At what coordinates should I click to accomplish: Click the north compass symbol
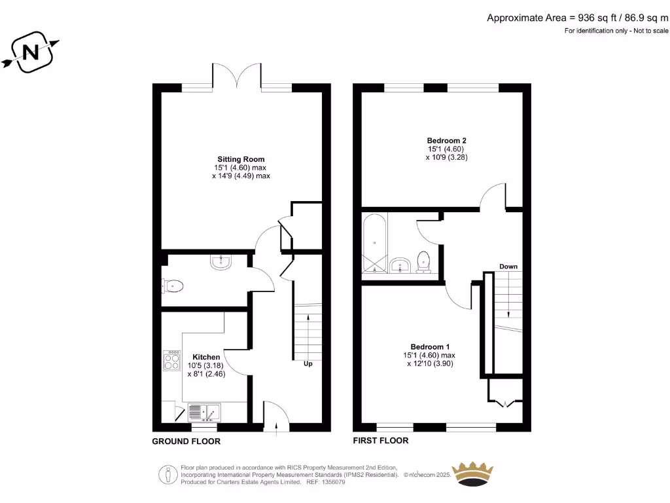pyautogui.click(x=30, y=52)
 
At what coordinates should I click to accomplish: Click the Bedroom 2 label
pyautogui.click(x=446, y=140)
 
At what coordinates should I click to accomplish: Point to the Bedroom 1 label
pyautogui.click(x=430, y=346)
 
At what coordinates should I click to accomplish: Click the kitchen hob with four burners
pyautogui.click(x=172, y=361)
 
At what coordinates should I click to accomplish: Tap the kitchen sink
pyautogui.click(x=204, y=412)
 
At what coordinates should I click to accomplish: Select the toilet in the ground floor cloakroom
pyautogui.click(x=173, y=286)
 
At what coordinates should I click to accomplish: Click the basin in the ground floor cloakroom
pyautogui.click(x=220, y=262)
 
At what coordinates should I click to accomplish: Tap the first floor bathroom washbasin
pyautogui.click(x=399, y=265)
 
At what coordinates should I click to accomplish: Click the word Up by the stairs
pyautogui.click(x=308, y=364)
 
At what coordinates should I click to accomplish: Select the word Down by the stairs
pyautogui.click(x=508, y=267)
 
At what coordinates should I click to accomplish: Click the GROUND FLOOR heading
pyautogui.click(x=186, y=441)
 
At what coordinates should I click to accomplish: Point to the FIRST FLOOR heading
pyautogui.click(x=381, y=441)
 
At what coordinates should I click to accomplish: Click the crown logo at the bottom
pyautogui.click(x=474, y=473)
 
